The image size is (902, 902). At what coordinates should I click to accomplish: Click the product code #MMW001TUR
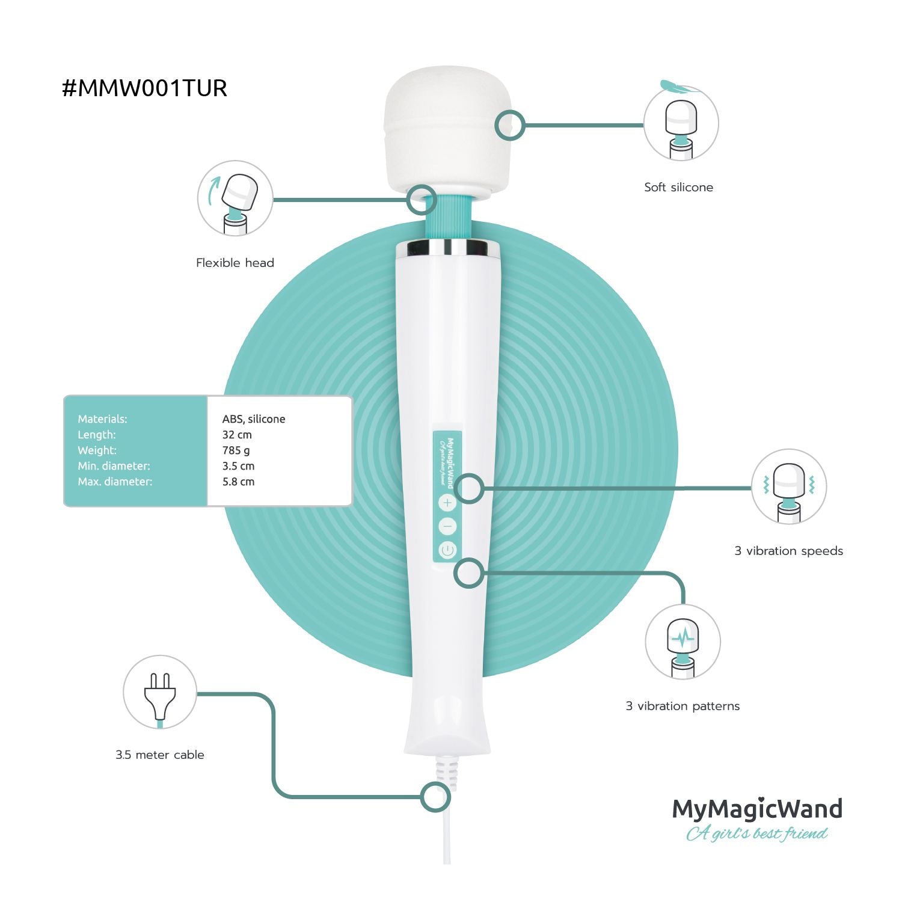(144, 88)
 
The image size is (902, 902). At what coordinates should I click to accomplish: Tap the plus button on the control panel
(447, 503)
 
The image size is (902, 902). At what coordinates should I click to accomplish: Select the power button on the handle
(447, 550)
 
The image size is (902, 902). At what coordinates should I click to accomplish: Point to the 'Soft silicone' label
(678, 187)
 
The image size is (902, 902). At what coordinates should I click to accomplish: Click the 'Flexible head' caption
(235, 263)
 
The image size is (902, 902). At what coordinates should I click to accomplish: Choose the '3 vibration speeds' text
(788, 551)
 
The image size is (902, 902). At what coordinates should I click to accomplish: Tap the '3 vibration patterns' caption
(683, 706)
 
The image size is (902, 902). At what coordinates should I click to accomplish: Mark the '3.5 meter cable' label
(160, 755)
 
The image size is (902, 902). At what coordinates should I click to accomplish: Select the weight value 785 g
(236, 450)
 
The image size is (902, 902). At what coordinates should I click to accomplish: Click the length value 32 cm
(237, 435)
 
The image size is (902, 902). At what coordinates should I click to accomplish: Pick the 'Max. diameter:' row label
(115, 482)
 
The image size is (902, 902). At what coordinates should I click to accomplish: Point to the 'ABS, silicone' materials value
(254, 419)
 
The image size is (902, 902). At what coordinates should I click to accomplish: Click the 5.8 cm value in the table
(238, 482)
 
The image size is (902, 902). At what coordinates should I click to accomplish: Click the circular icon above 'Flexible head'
(235, 198)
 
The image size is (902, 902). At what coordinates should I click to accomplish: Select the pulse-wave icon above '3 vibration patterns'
(683, 641)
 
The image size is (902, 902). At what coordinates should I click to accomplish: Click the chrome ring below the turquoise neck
(447, 248)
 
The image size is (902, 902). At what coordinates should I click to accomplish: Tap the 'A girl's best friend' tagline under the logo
(756, 833)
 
